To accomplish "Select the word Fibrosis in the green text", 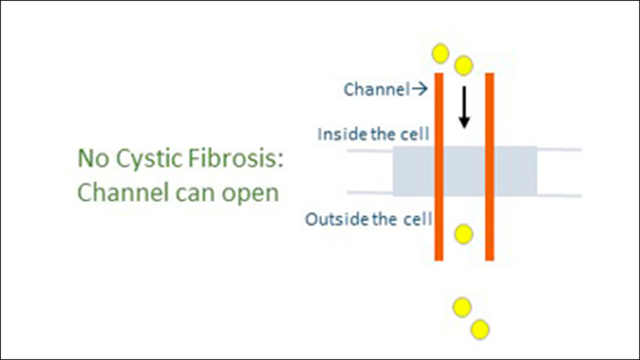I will point(233,158).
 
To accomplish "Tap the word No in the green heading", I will point(91,158).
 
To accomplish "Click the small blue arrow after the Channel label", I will point(420,90).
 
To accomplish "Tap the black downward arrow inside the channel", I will point(464,107).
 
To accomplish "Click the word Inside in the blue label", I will point(334,134).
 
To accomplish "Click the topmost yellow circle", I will point(441,53).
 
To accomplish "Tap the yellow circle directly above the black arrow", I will point(463,66).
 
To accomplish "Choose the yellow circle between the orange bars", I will point(463,234).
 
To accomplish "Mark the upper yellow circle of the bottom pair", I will point(462,307).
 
